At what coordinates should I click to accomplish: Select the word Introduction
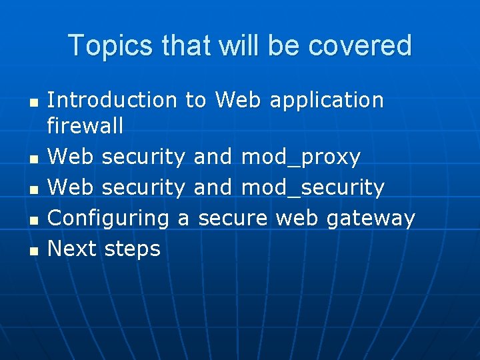pyautogui.click(x=113, y=100)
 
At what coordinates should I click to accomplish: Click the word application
pyautogui.click(x=327, y=100)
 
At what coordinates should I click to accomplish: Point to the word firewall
pyautogui.click(x=85, y=125)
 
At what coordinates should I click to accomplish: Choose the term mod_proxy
pyautogui.click(x=300, y=157)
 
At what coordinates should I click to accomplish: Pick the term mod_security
pyautogui.click(x=313, y=188)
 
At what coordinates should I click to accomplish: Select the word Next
pyautogui.click(x=71, y=249)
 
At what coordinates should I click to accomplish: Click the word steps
pyautogui.click(x=133, y=249)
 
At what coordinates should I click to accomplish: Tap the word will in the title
pyautogui.click(x=234, y=46)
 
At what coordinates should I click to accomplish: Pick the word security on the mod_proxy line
pyautogui.click(x=143, y=157)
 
